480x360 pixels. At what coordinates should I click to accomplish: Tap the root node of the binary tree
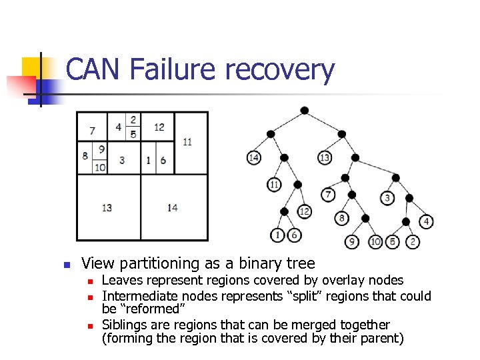point(304,110)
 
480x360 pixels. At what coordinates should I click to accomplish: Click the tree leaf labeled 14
point(253,158)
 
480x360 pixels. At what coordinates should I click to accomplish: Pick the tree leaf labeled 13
point(325,158)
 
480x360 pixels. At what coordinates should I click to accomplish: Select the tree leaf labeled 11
point(274,184)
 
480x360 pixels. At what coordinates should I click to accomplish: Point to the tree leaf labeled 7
point(328,195)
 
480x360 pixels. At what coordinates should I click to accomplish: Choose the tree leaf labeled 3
point(388,198)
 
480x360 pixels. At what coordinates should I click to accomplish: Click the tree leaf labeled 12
point(304,211)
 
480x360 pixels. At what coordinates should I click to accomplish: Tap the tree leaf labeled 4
point(427,221)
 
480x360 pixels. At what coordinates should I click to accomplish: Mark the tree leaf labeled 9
point(352,241)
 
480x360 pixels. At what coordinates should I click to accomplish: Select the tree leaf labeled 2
point(413,241)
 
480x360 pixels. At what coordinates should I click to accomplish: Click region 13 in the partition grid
point(107,208)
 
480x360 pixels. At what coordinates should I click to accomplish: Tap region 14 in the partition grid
point(173,208)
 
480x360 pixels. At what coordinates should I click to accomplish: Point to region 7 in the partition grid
point(92,130)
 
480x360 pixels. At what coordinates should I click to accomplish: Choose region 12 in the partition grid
point(159,127)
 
